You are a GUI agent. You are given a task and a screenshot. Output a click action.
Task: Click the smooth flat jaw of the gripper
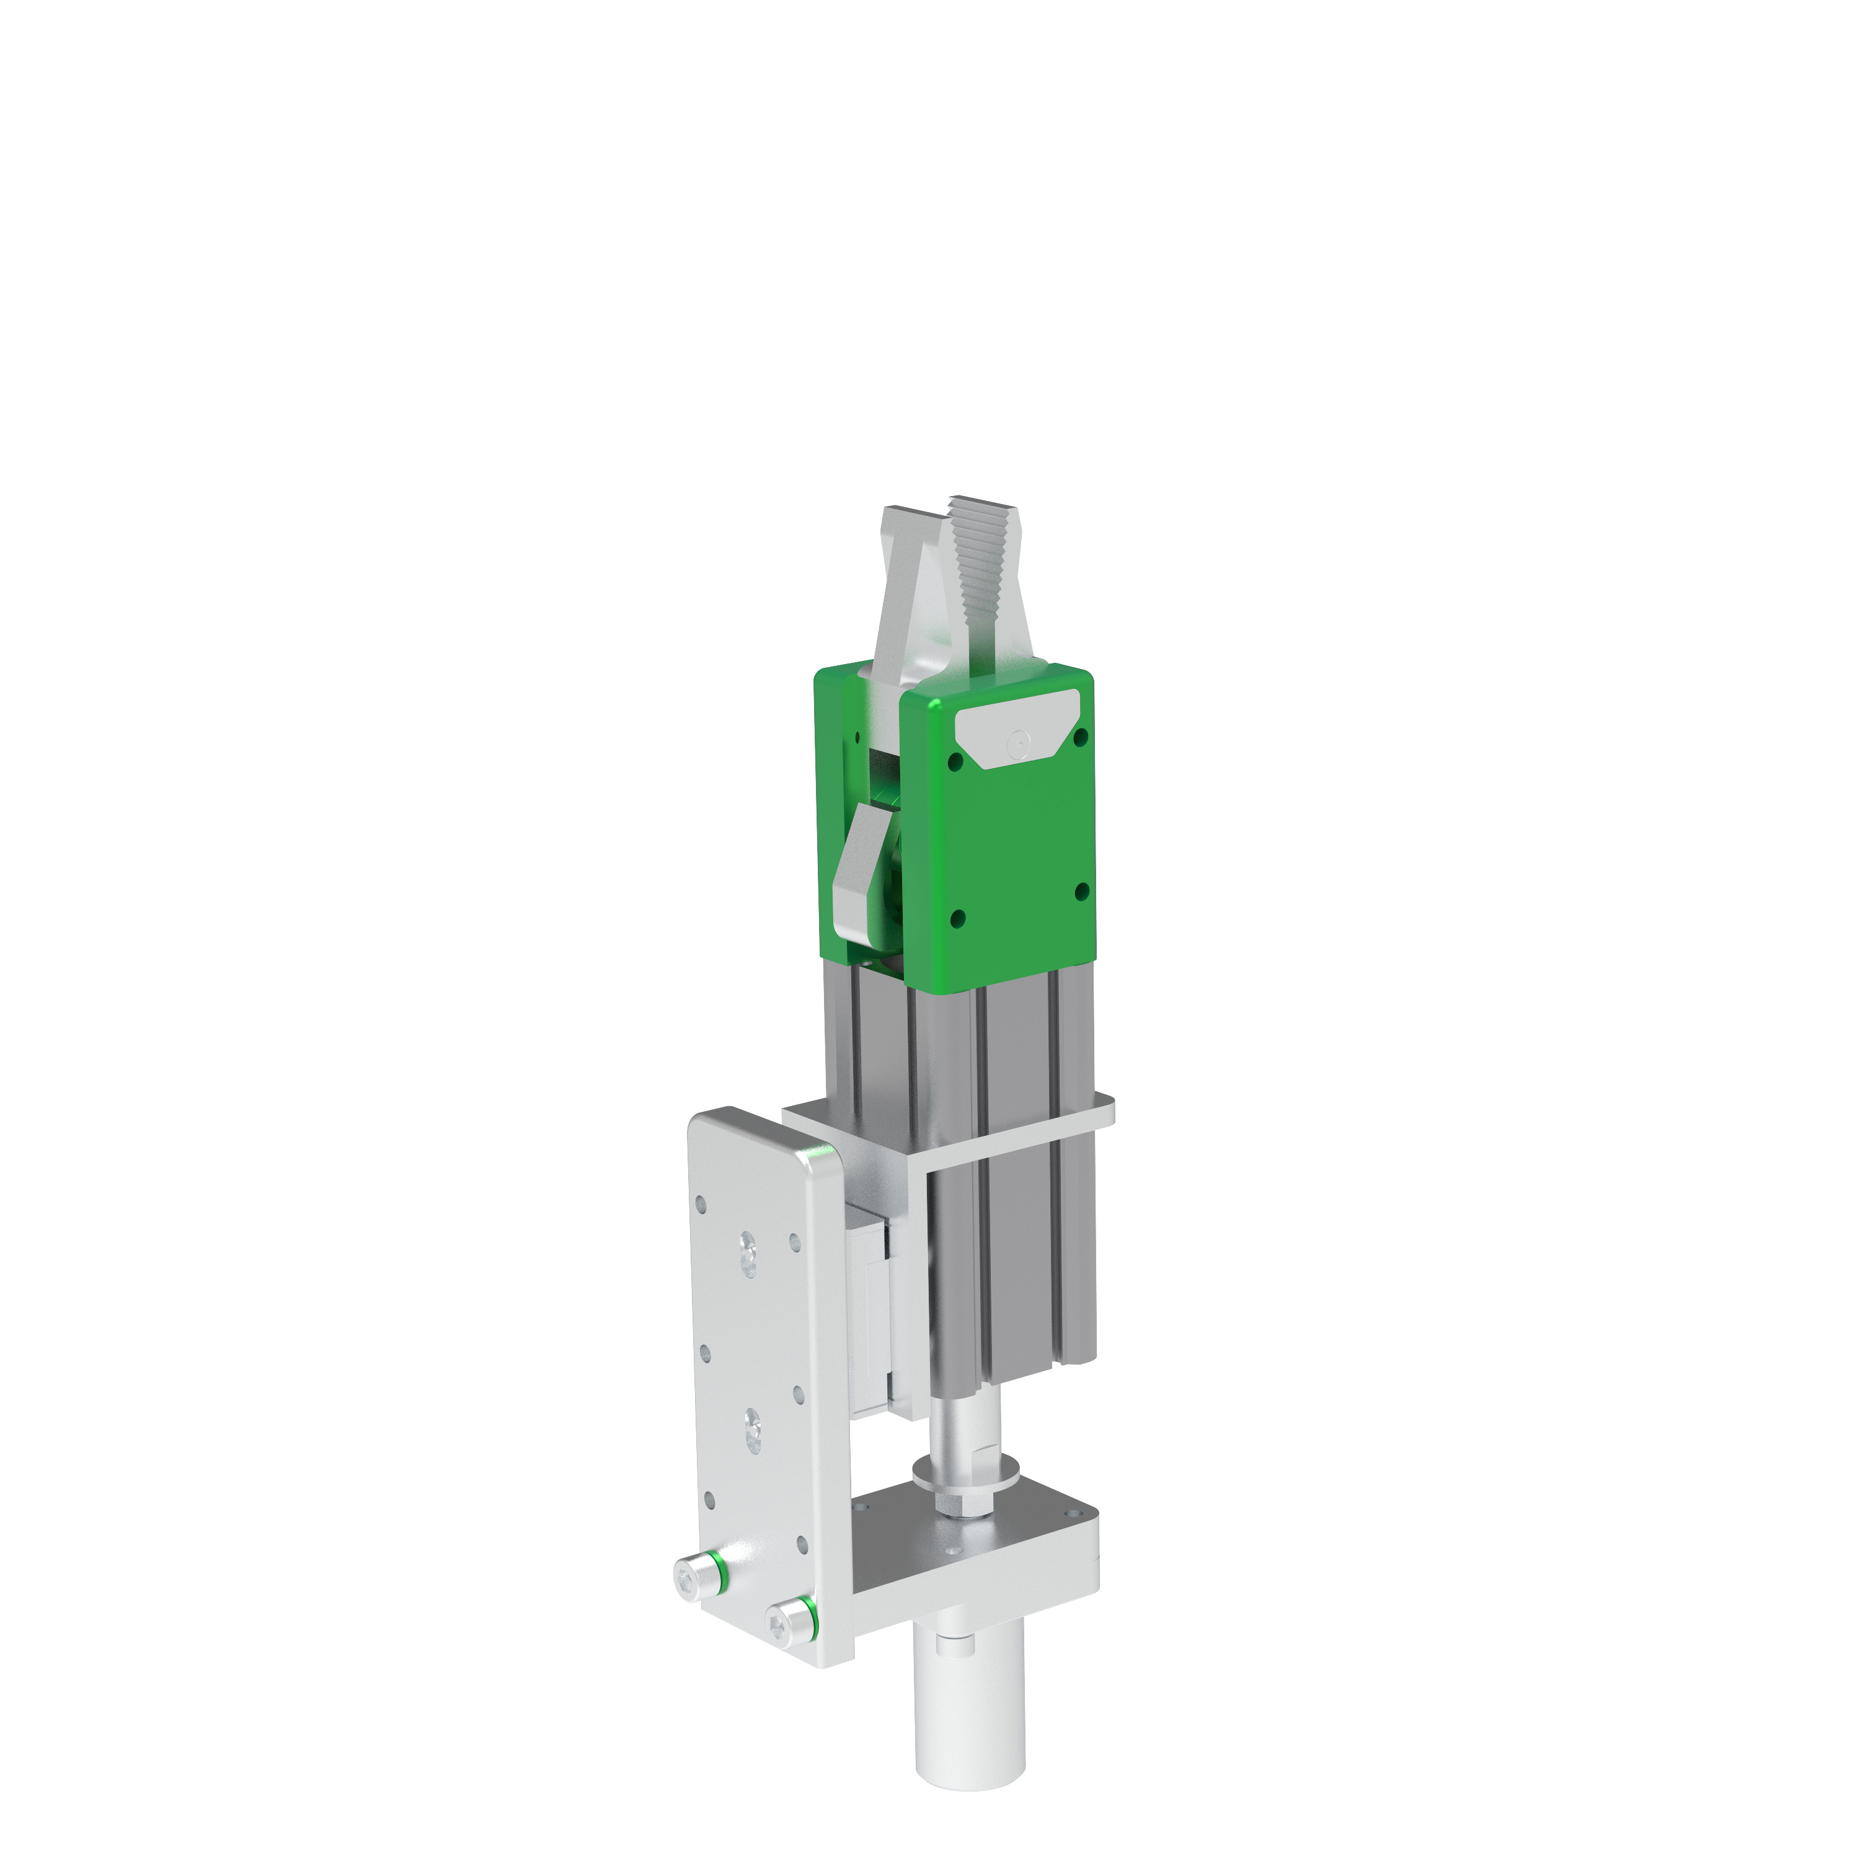point(909,578)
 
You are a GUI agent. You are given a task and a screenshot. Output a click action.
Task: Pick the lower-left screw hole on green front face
point(956,919)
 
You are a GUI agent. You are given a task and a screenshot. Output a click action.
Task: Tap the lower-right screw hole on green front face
point(1081,890)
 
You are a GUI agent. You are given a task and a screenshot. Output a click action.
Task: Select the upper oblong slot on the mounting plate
point(748,1255)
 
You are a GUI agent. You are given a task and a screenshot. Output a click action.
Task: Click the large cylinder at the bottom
point(968,1724)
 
